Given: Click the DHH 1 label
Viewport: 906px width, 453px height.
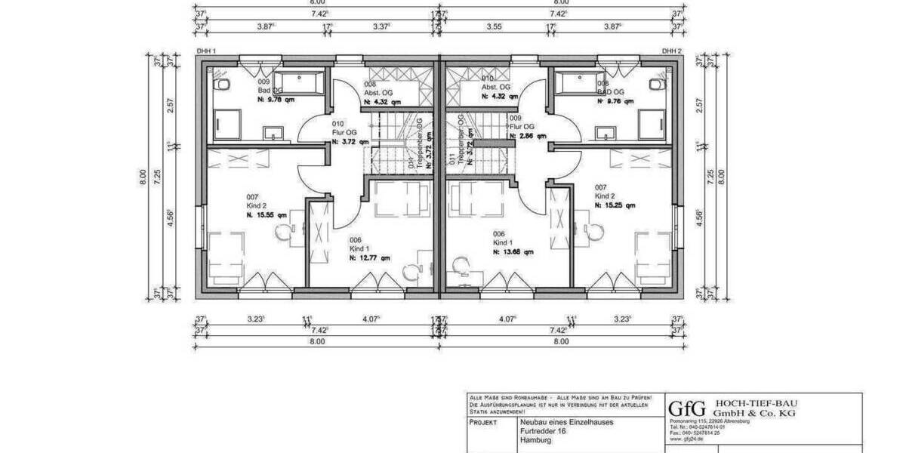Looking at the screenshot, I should [207, 51].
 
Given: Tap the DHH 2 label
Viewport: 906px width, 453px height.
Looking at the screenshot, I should [671, 51].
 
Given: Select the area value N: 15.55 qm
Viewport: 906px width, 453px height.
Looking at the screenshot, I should [267, 215].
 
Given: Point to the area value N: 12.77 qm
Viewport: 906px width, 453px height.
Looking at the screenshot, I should [370, 257].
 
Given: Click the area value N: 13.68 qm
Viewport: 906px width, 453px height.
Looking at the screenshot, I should [513, 252].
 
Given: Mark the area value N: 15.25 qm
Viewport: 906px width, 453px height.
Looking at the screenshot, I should [615, 205].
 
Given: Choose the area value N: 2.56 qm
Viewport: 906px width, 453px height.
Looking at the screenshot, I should [528, 137].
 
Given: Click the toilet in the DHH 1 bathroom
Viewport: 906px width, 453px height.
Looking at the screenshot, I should [218, 85].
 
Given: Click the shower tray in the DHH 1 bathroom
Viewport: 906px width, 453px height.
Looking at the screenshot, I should [227, 124].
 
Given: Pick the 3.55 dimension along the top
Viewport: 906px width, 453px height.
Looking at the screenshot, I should [495, 26].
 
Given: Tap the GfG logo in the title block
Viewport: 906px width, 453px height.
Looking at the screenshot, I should [687, 408].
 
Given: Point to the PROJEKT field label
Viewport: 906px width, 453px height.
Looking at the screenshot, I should [482, 423].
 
